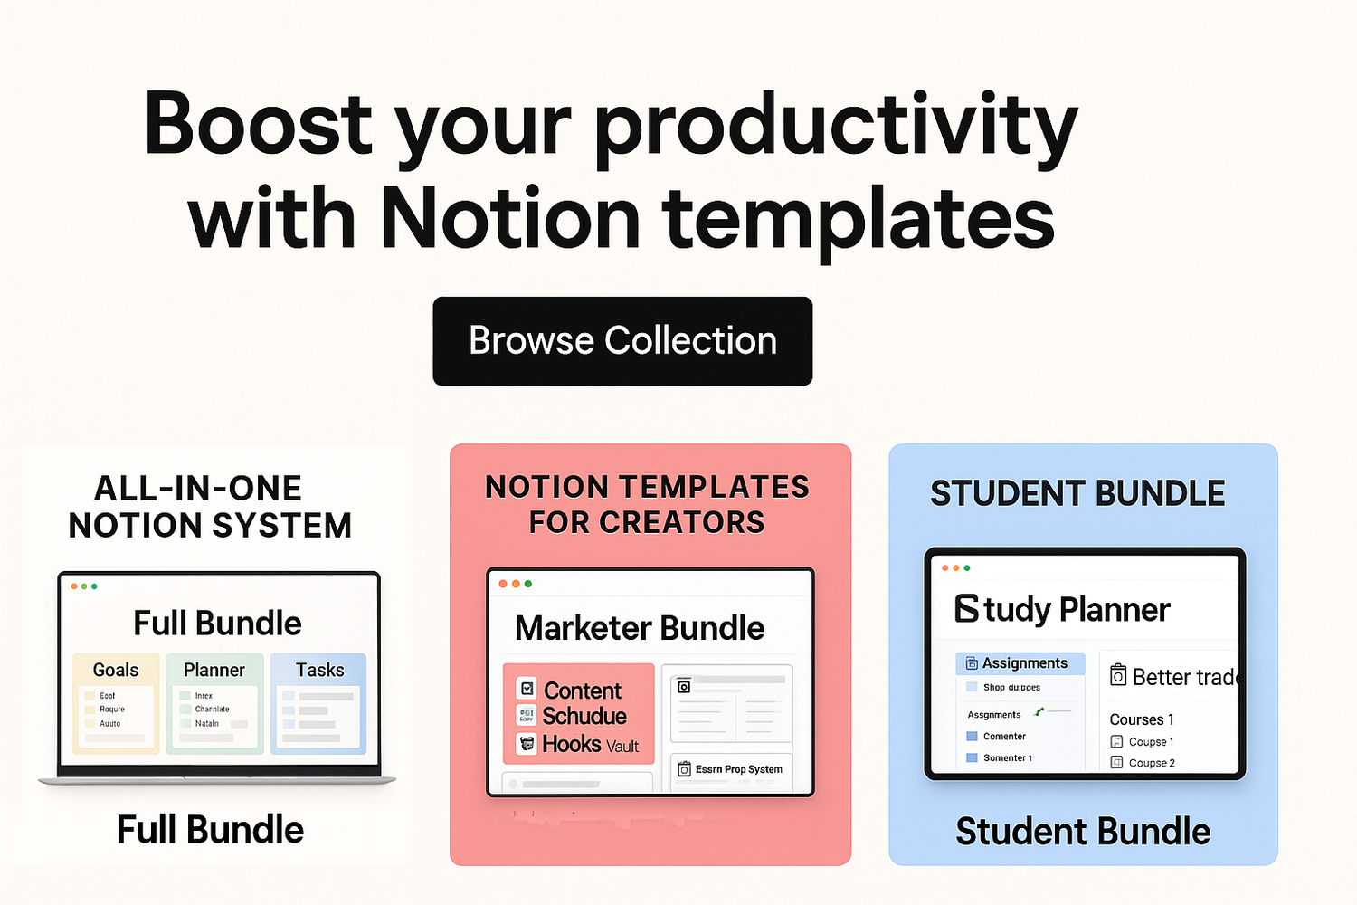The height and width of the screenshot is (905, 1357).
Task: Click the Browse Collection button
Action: (x=622, y=341)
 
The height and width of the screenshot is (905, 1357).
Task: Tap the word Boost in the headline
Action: (x=258, y=124)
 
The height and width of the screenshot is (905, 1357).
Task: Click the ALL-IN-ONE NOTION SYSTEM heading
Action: (x=210, y=507)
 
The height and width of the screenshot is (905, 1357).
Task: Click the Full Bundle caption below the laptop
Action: (x=210, y=830)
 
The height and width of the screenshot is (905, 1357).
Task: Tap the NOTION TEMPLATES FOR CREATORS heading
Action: (x=647, y=504)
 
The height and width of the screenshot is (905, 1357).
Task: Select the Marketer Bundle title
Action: (x=640, y=628)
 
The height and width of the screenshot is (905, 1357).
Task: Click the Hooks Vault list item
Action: (x=590, y=745)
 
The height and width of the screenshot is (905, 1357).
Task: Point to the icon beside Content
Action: (x=527, y=689)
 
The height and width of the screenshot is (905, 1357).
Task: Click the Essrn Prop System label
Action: (x=738, y=769)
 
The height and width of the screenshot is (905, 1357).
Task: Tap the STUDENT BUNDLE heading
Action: (x=1077, y=494)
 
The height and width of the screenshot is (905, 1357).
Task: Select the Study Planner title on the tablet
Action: (x=1063, y=610)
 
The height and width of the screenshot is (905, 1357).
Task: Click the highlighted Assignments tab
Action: (x=1020, y=663)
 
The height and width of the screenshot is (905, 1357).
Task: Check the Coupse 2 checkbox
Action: (x=1116, y=763)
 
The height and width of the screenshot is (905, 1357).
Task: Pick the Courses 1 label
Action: (x=1142, y=719)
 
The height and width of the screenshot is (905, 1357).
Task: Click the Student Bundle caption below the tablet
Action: (x=1083, y=832)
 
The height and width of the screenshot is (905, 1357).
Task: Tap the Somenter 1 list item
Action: (x=1007, y=758)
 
